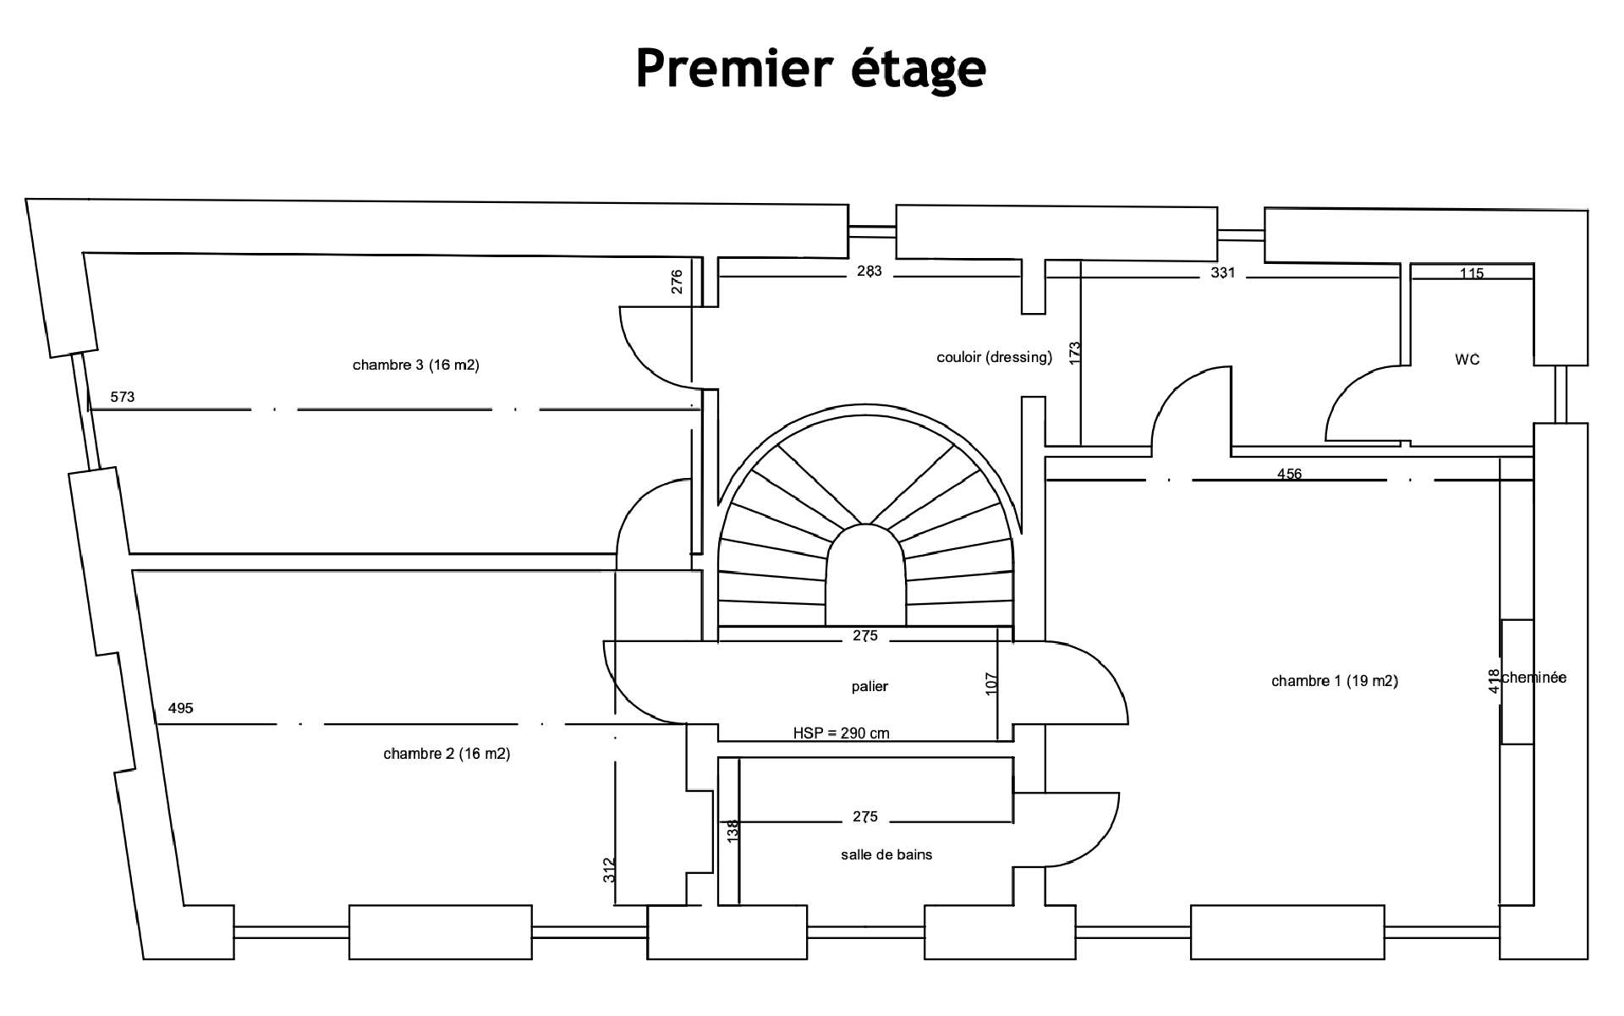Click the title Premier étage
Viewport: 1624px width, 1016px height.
click(810, 68)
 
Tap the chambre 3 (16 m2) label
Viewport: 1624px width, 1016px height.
click(415, 365)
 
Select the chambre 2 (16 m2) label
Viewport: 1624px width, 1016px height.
click(447, 754)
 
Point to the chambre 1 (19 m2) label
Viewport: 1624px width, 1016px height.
click(1334, 681)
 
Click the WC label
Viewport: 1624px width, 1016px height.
click(1468, 360)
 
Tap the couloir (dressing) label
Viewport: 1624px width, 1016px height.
click(994, 357)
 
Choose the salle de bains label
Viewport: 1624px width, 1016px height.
click(886, 854)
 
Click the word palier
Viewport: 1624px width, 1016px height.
click(870, 686)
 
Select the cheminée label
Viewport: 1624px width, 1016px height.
click(1534, 678)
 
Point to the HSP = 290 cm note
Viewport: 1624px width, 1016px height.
click(841, 733)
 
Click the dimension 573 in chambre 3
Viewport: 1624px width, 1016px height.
click(123, 397)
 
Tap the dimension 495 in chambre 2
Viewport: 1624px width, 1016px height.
click(180, 708)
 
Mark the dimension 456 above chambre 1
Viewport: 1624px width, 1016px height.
click(1289, 475)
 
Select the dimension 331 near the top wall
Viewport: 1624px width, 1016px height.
click(1223, 272)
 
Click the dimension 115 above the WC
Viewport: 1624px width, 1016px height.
click(1472, 273)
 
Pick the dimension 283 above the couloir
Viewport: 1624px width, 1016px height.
click(870, 271)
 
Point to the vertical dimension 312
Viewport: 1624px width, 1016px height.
click(609, 870)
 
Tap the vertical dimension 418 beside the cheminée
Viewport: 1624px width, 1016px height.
click(1494, 681)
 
